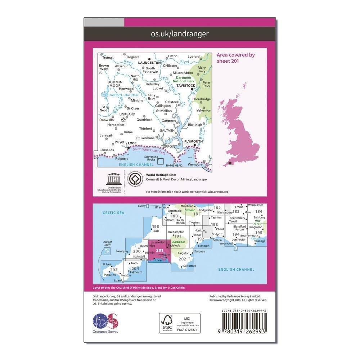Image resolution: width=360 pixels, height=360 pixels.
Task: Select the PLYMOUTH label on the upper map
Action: tap(192, 141)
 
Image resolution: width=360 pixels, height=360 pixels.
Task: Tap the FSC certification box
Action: tap(180, 323)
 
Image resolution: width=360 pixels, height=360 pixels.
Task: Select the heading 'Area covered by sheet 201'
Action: tap(235, 58)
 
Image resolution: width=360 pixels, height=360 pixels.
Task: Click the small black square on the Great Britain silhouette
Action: tap(230, 164)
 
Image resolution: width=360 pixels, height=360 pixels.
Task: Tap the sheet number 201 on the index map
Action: tap(160, 251)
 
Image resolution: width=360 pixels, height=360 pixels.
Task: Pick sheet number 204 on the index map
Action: tap(135, 268)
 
